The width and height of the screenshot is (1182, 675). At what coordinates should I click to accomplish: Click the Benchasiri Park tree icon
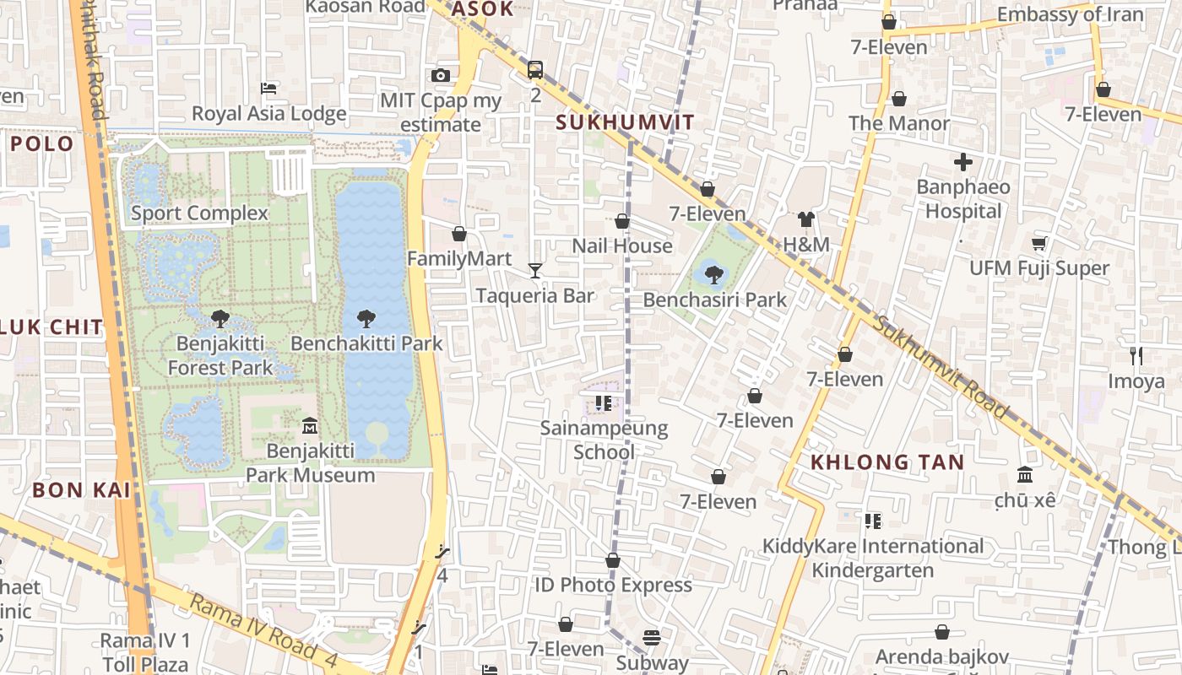pos(713,273)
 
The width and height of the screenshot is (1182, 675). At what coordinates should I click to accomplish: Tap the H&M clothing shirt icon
pos(806,219)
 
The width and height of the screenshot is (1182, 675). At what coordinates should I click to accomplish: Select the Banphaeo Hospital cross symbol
pos(963,161)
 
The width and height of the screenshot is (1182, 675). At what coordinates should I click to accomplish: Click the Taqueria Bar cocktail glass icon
pos(534,270)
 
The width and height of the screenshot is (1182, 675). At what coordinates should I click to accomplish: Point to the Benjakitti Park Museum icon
pos(310,425)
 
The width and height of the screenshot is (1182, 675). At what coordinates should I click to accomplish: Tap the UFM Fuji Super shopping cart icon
pos(1038,243)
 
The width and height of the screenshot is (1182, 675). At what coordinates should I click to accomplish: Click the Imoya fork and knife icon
pos(1136,356)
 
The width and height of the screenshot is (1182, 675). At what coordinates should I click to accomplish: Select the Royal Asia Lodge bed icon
pos(268,88)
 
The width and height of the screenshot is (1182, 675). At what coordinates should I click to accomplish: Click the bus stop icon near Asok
pos(535,70)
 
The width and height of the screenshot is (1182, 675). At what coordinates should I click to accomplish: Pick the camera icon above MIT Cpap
pos(440,76)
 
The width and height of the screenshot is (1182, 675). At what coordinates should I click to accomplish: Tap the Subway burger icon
pos(651,638)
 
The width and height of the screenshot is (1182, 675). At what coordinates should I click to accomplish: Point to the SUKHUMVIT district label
pos(625,122)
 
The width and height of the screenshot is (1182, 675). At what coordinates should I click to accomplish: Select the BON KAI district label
pos(81,490)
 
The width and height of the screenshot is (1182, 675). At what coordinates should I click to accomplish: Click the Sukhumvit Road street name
pos(941,367)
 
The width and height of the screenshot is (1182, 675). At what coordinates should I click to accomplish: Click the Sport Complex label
pos(199,213)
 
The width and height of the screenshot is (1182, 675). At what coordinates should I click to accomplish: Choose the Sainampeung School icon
pos(603,404)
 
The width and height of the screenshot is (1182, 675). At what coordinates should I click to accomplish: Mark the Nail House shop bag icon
pos(622,221)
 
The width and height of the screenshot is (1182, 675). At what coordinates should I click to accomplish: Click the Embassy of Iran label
pos(1070,14)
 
